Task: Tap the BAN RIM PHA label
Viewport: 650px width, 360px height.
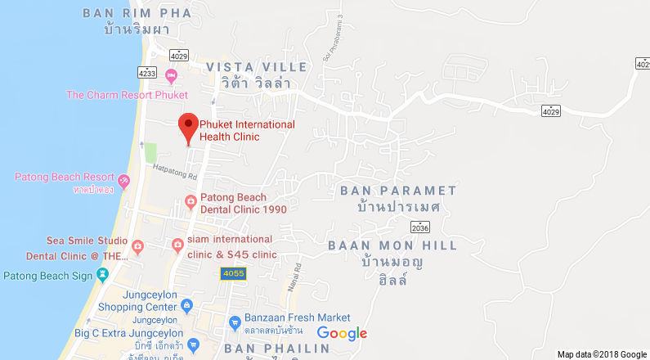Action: tap(137, 13)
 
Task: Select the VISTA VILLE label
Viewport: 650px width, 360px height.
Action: tap(257, 66)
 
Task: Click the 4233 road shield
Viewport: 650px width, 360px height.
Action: tap(147, 72)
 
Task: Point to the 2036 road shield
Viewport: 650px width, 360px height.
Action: tap(420, 227)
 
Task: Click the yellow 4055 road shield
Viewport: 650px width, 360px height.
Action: tap(233, 273)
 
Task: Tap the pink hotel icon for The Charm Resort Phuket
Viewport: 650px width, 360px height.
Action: tap(171, 77)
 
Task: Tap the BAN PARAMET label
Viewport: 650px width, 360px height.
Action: tap(398, 191)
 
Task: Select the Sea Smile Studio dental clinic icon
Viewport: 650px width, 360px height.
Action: tap(137, 245)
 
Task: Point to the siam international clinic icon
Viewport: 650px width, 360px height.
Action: tap(177, 245)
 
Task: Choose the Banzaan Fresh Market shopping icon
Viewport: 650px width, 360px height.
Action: tap(234, 320)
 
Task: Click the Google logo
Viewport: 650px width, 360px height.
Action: tap(342, 333)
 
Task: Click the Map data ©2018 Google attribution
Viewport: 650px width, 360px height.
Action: tap(602, 354)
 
